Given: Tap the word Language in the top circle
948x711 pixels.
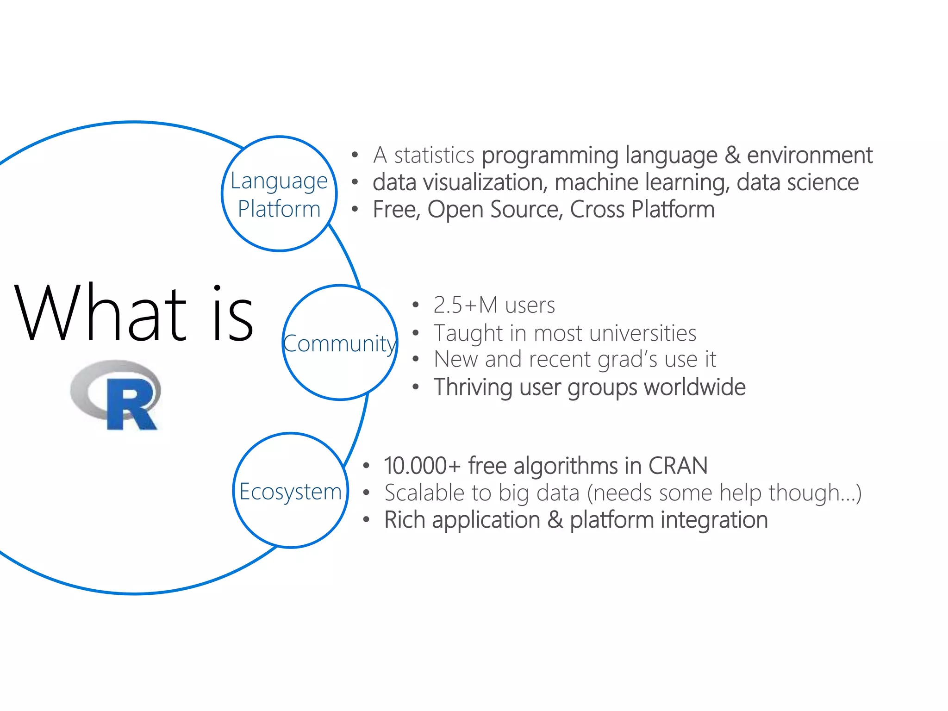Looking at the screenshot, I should [279, 181].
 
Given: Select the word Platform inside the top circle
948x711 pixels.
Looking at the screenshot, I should [279, 209].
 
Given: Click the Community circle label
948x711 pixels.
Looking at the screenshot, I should [340, 343].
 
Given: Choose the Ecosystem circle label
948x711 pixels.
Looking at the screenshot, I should [290, 492].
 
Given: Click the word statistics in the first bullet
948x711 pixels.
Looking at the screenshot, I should [434, 155].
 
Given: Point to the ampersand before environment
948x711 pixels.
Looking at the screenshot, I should [732, 155].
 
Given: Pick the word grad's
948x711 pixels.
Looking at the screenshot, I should [628, 359].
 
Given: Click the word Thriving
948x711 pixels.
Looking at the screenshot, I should [473, 387].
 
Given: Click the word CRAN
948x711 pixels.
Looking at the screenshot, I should [678, 466].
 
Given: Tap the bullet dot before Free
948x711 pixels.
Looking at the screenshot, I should [355, 210].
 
